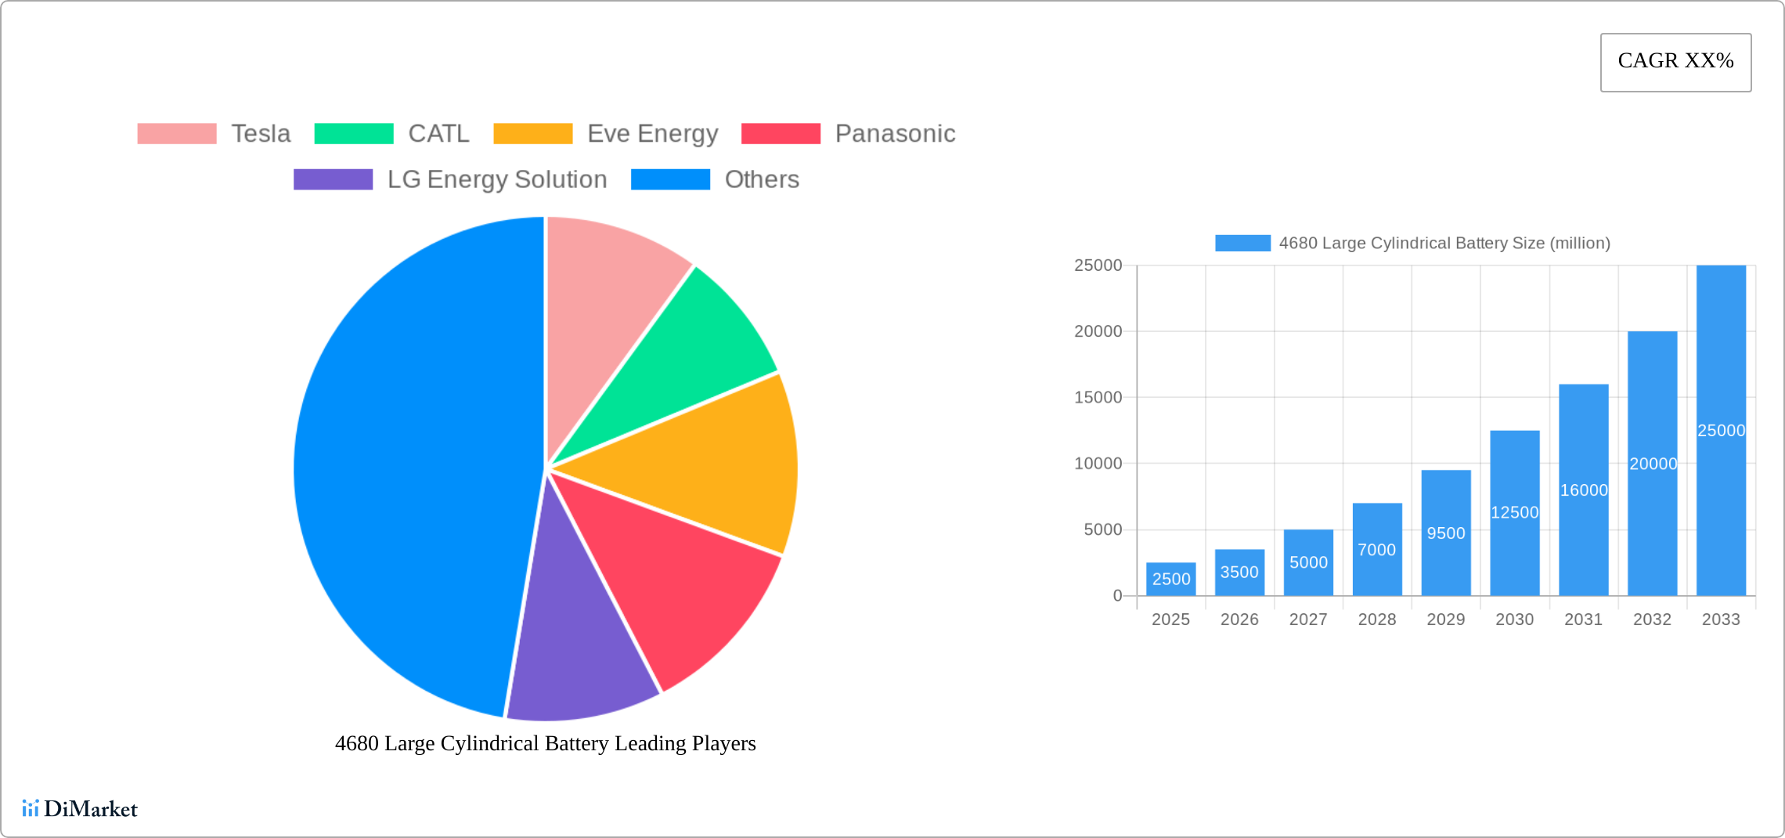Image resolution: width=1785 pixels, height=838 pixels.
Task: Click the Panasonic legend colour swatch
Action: [x=781, y=134]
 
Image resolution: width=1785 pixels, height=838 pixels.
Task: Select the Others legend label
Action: [x=762, y=179]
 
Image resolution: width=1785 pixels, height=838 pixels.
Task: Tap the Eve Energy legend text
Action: [x=652, y=134]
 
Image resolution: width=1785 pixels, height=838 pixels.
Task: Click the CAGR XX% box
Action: [x=1675, y=62]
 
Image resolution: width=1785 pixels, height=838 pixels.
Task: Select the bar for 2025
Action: [x=1170, y=579]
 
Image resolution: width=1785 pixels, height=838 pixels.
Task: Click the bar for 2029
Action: [x=1446, y=533]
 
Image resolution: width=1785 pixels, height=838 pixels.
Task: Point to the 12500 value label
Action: [x=1514, y=512]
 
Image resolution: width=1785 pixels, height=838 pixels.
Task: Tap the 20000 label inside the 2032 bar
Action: [x=1653, y=464]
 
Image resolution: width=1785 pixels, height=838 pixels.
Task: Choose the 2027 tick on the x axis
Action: [x=1308, y=619]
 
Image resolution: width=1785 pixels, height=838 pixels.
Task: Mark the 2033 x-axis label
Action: [x=1721, y=619]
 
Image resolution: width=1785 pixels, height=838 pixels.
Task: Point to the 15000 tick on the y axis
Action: [x=1098, y=398]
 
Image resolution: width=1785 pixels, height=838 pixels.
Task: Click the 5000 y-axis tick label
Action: [x=1102, y=530]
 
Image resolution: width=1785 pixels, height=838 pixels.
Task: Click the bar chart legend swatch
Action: [x=1242, y=243]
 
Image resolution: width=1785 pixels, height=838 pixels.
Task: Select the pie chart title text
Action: [x=545, y=743]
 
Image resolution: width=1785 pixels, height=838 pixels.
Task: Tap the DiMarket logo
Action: [x=80, y=808]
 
